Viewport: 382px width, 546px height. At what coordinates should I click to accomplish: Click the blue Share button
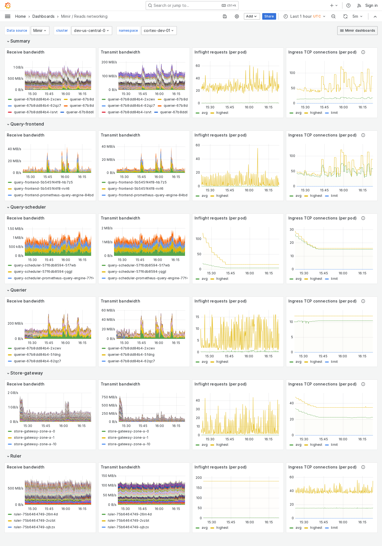269,16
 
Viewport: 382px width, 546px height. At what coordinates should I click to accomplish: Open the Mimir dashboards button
357,31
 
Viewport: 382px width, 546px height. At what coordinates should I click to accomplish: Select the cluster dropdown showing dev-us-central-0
91,31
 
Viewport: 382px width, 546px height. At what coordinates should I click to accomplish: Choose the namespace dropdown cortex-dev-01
159,31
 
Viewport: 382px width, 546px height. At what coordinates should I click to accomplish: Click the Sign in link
371,5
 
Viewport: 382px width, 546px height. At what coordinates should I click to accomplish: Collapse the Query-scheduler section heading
28,207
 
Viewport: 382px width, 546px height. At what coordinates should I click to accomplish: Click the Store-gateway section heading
26,373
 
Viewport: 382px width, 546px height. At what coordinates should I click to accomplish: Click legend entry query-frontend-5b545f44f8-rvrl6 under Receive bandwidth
41,189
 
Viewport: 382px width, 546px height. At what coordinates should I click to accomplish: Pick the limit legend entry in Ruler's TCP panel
334,528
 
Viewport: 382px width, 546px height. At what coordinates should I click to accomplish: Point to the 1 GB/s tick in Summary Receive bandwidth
18,67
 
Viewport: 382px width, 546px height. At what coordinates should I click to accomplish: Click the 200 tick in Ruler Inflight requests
199,477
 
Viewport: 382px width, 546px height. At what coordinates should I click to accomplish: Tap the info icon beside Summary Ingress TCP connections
363,52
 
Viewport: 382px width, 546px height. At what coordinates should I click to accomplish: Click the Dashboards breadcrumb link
43,16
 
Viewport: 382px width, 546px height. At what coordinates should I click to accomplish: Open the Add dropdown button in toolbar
251,16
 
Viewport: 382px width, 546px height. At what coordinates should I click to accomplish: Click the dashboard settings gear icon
237,16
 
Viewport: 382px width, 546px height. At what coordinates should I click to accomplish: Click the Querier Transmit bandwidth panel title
120,301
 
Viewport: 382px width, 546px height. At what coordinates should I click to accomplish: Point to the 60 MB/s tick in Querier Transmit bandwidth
108,310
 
